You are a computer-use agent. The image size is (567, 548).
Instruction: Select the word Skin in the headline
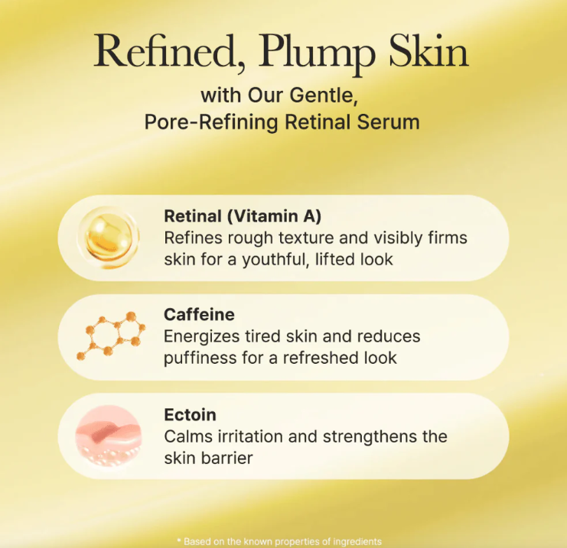tap(429, 50)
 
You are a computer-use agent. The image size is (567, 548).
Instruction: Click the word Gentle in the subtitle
tap(324, 96)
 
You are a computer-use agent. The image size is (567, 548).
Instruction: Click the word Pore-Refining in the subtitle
tap(211, 122)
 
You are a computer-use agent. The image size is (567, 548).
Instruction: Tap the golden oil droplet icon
tap(108, 238)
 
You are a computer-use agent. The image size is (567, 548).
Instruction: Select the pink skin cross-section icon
tap(109, 436)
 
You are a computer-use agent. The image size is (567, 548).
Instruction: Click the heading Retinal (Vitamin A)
tap(243, 216)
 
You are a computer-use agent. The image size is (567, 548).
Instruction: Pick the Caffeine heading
tap(199, 315)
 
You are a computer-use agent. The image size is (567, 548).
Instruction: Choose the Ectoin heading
tap(191, 415)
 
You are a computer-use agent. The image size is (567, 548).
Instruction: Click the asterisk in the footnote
tap(179, 540)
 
